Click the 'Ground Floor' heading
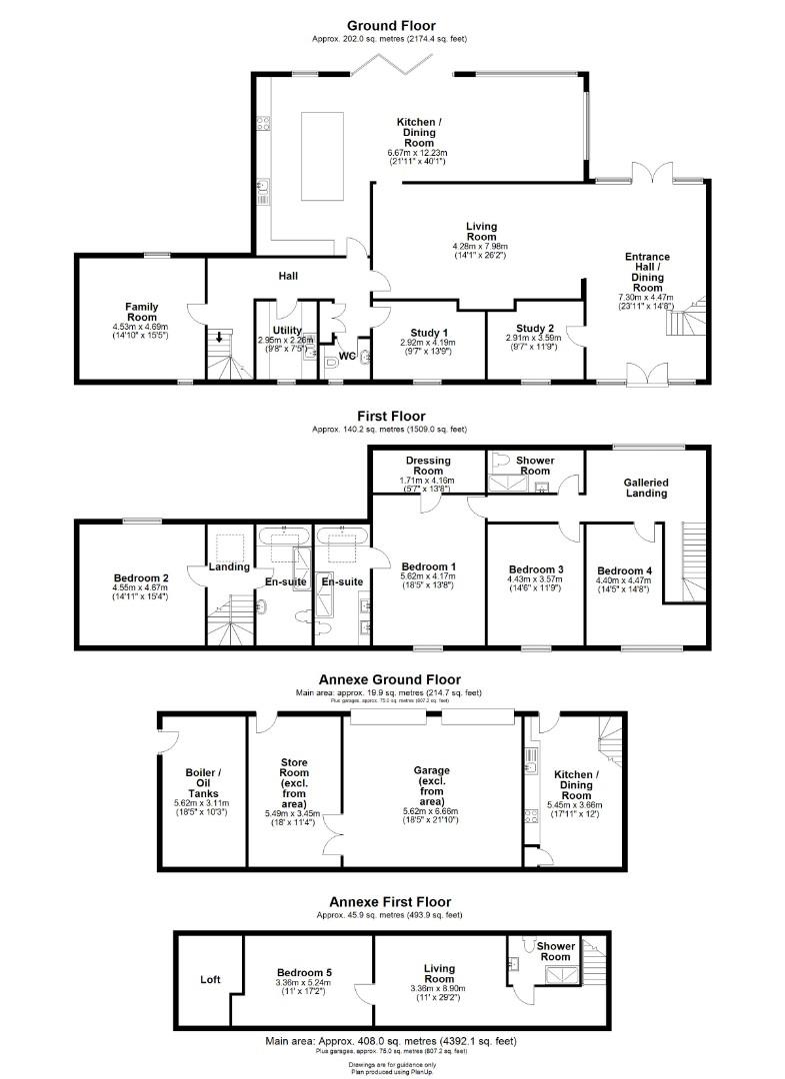(391, 25)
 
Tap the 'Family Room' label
(142, 312)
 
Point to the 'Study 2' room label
(535, 328)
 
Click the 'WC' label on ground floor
(347, 355)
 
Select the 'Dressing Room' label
(428, 466)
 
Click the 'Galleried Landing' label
(646, 488)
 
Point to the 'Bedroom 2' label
(140, 577)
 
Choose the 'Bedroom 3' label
(535, 569)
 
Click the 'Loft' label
(210, 979)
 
